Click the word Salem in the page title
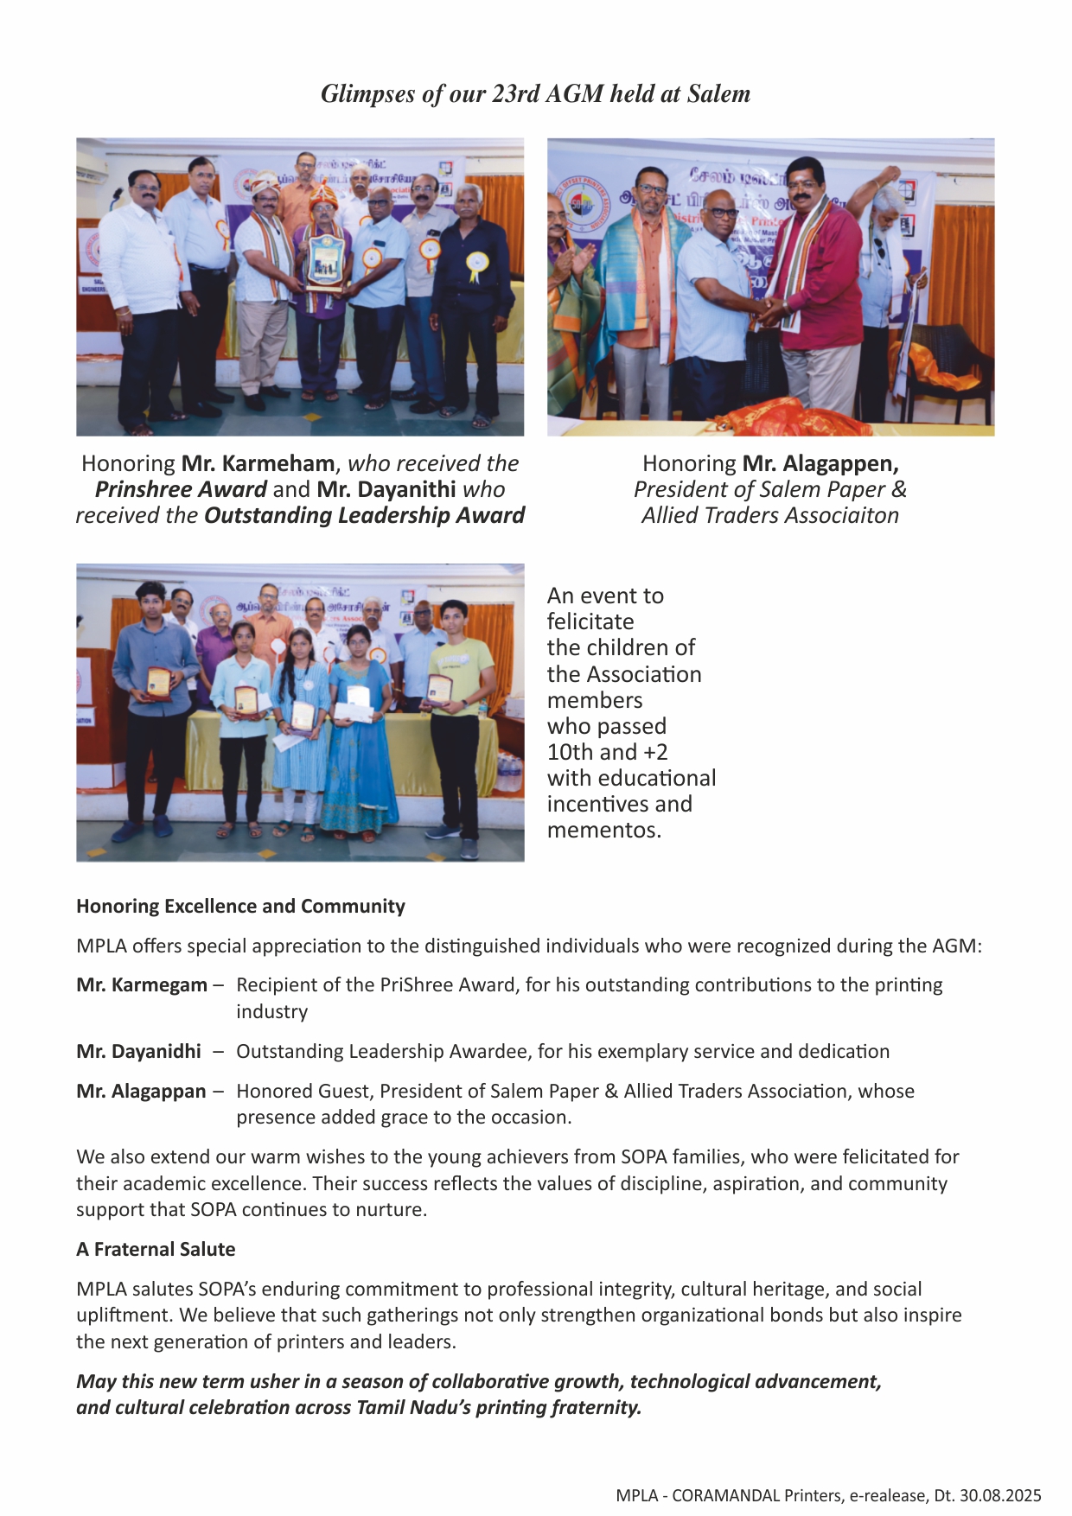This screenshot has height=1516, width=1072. pos(718,93)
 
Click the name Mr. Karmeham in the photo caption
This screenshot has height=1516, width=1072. pos(258,463)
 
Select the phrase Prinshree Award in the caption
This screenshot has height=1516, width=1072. pos(181,489)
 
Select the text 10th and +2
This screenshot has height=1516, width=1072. pos(607,752)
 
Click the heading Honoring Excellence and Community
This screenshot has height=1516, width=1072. pos(240,906)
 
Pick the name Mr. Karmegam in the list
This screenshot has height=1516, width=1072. pos(142,984)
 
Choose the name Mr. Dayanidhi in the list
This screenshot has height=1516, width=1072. pos(138,1051)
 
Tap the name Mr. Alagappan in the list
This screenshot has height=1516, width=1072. pos(141,1091)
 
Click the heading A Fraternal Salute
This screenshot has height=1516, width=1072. pos(156,1249)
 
